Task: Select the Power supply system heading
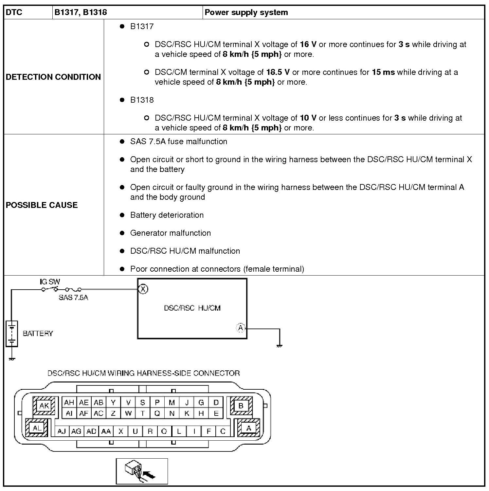[x=246, y=12]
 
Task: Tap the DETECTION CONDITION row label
[x=53, y=77]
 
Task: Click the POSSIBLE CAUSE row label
[x=42, y=205]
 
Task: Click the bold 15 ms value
[x=383, y=72]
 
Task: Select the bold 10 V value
[x=308, y=118]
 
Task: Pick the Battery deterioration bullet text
[x=167, y=215]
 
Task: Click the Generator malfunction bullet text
[x=170, y=233]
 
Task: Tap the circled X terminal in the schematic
[x=143, y=289]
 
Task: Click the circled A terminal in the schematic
[x=241, y=328]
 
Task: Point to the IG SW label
[x=50, y=281]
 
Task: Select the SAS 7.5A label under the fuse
[x=73, y=297]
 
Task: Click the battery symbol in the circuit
[x=12, y=333]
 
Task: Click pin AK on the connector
[x=44, y=406]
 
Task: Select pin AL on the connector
[x=37, y=428]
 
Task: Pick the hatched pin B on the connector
[x=241, y=406]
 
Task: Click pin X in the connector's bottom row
[x=121, y=431]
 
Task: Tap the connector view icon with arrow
[x=142, y=471]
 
